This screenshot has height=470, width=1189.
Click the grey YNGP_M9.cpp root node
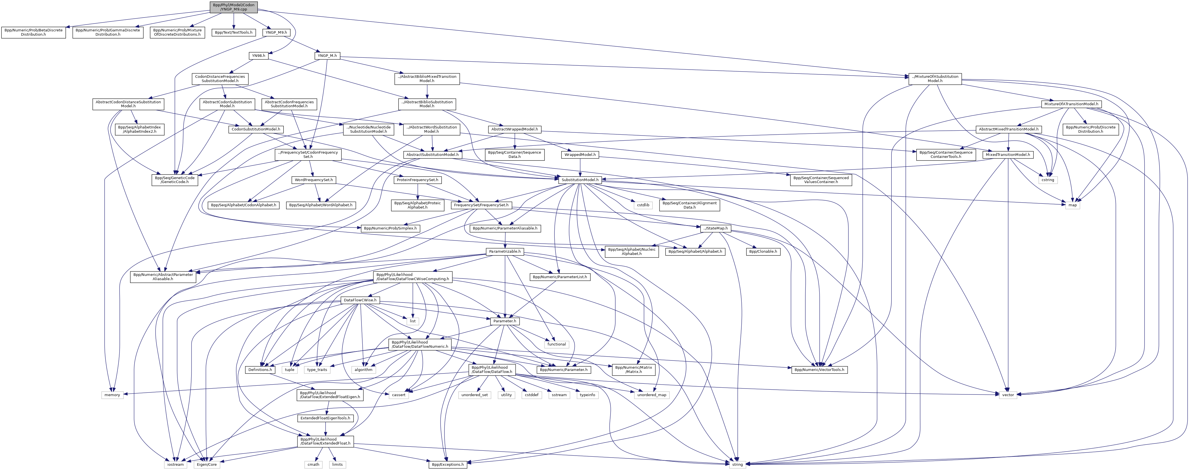233,7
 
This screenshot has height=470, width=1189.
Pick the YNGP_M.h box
327,56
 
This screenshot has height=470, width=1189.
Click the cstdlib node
643,205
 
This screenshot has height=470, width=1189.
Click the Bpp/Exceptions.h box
447,464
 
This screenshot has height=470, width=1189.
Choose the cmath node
313,464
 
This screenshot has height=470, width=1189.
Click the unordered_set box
475,395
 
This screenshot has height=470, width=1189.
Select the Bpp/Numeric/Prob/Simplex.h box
390,228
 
